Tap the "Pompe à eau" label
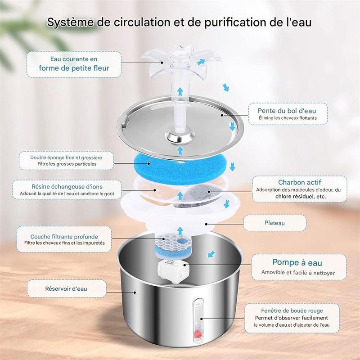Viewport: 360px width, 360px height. click(x=297, y=262)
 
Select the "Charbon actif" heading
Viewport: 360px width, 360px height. click(x=299, y=182)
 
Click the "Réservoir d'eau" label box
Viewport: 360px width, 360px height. click(x=67, y=288)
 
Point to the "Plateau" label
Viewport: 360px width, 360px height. click(x=274, y=223)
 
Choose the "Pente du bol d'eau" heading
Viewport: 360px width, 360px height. click(x=287, y=111)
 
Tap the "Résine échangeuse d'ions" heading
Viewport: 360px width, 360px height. click(x=67, y=187)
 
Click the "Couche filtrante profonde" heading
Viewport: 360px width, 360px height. click(x=64, y=237)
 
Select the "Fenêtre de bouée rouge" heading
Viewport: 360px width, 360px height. click(x=292, y=310)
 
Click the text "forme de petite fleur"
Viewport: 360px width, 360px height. click(x=74, y=68)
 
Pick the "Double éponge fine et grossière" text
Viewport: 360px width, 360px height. click(x=66, y=157)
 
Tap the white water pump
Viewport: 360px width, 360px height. click(x=172, y=271)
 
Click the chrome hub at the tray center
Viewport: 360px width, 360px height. click(x=181, y=137)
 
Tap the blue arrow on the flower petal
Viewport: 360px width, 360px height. click(x=201, y=62)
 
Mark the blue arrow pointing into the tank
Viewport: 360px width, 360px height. click(x=211, y=254)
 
